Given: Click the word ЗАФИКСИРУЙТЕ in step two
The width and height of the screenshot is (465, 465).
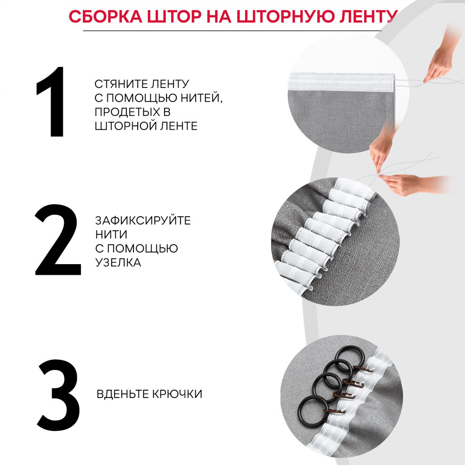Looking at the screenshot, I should (143, 220).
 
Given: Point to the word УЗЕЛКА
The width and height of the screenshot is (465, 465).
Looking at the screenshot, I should (118, 262).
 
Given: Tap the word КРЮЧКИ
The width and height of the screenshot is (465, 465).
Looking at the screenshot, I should (179, 394).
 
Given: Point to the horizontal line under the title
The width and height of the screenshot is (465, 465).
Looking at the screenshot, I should (232, 31).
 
